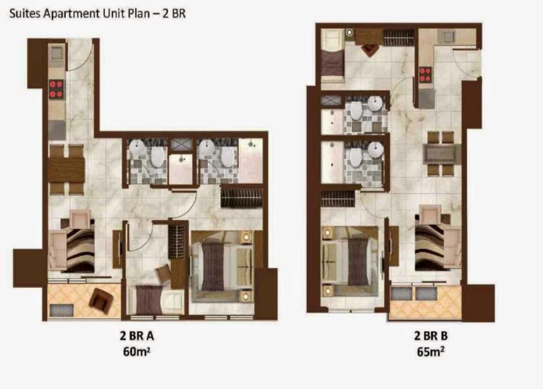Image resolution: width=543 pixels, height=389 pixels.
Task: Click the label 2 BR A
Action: pyautogui.click(x=137, y=336)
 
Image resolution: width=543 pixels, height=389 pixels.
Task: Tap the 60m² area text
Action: pyautogui.click(x=136, y=352)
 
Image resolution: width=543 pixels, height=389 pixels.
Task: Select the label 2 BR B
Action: pyautogui.click(x=431, y=336)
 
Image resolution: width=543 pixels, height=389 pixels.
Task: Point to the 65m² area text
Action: pyautogui.click(x=431, y=352)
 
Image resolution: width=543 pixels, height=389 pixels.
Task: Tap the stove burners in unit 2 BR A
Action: pyautogui.click(x=56, y=89)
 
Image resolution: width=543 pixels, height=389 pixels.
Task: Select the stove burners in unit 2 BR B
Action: pyautogui.click(x=425, y=75)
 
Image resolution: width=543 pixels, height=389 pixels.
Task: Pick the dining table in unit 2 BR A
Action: pyautogui.click(x=66, y=170)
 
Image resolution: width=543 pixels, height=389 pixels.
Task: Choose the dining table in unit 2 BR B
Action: pyautogui.click(x=442, y=154)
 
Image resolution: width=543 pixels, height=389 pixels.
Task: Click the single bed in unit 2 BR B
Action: pyautogui.click(x=332, y=55)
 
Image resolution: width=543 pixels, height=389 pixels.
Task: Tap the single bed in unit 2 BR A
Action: pyautogui.click(x=157, y=300)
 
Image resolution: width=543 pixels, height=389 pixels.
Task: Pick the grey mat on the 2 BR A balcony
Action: pyautogui.click(x=62, y=310)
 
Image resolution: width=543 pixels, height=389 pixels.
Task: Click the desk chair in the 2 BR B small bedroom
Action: pyautogui.click(x=370, y=50)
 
